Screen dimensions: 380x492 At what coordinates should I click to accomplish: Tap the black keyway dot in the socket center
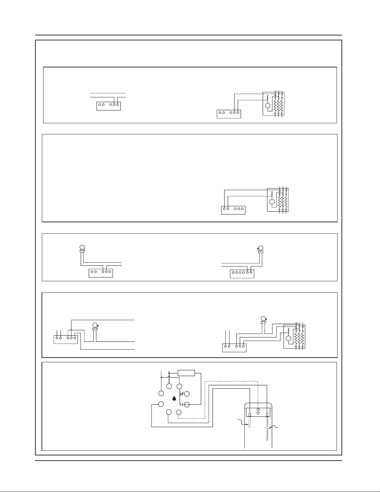pos(174,398)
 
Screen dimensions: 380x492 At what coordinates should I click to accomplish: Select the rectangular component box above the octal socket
pos(186,373)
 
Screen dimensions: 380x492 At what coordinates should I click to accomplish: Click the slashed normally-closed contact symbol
pos(182,394)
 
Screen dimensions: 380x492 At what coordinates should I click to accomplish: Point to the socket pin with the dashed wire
pos(179,412)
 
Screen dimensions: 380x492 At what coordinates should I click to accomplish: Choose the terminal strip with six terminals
pos(242,274)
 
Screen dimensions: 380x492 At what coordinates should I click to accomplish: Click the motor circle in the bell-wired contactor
pos(288,339)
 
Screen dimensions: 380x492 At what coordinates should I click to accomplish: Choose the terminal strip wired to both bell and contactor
pos(234,348)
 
